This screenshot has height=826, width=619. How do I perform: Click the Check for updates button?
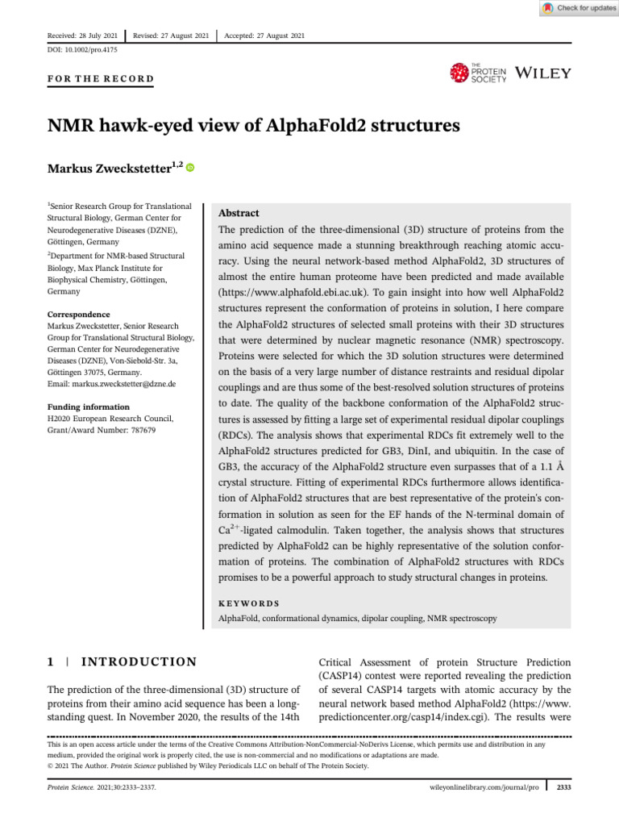point(578,8)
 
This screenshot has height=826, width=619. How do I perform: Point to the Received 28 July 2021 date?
point(83,35)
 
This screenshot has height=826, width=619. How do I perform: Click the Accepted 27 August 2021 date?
point(264,35)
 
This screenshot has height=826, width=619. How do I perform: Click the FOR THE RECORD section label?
point(101,79)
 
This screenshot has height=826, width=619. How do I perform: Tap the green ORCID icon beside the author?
point(191,168)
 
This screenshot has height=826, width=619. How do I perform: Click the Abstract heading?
point(239,214)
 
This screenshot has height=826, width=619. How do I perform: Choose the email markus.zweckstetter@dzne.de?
point(111,385)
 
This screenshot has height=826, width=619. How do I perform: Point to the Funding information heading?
point(87,407)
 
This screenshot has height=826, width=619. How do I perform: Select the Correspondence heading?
point(79,315)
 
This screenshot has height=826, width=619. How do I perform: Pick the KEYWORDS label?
point(250,603)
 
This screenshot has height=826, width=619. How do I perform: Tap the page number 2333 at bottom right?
point(563,785)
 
